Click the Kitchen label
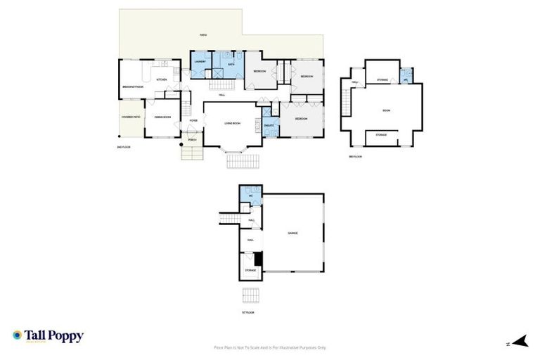(x=160, y=80)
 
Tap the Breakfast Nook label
(x=132, y=86)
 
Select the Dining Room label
(x=162, y=117)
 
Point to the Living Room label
(x=233, y=124)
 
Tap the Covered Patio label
(x=131, y=117)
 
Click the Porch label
(x=192, y=141)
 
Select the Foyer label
(x=193, y=121)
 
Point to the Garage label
(x=293, y=233)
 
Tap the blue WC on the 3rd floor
(x=406, y=75)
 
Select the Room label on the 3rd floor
(x=386, y=110)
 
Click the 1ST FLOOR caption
(x=247, y=311)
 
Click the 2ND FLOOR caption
(x=124, y=148)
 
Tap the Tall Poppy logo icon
(x=18, y=335)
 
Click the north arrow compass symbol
(x=520, y=342)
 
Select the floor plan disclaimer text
(x=270, y=347)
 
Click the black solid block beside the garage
(x=258, y=259)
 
